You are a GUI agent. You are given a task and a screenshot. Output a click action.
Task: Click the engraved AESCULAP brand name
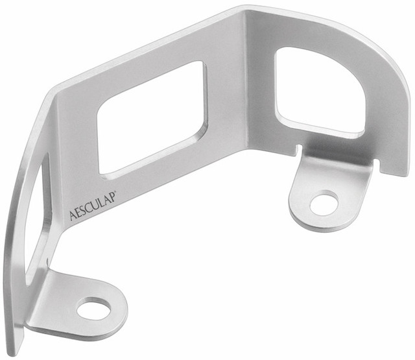pyautogui.click(x=93, y=206)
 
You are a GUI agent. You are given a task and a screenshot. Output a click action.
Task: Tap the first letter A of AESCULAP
pyautogui.click(x=73, y=215)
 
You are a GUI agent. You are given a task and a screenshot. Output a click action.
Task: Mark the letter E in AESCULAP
pyautogui.click(x=79, y=212)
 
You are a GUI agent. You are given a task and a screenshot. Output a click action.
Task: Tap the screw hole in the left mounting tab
pyautogui.click(x=93, y=309)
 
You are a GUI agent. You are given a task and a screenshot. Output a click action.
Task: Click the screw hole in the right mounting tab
pyautogui.click(x=324, y=203)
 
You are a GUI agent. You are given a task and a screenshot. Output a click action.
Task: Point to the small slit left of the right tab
pyautogui.click(x=300, y=150)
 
